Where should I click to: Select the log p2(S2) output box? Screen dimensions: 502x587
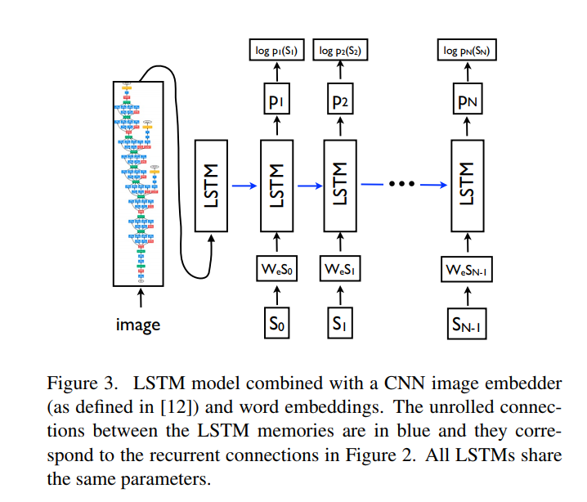340,52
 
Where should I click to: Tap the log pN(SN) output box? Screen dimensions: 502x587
468,52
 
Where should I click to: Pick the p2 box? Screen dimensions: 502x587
340,102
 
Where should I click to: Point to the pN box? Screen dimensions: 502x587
468,102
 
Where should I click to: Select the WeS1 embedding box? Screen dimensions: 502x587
340,269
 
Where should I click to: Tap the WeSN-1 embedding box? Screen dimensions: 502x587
468,269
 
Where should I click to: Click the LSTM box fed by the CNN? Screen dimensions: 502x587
210,185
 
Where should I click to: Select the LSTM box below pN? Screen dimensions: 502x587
468,185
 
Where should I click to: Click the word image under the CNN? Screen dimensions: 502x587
137,325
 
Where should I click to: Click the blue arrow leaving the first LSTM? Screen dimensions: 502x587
243,185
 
